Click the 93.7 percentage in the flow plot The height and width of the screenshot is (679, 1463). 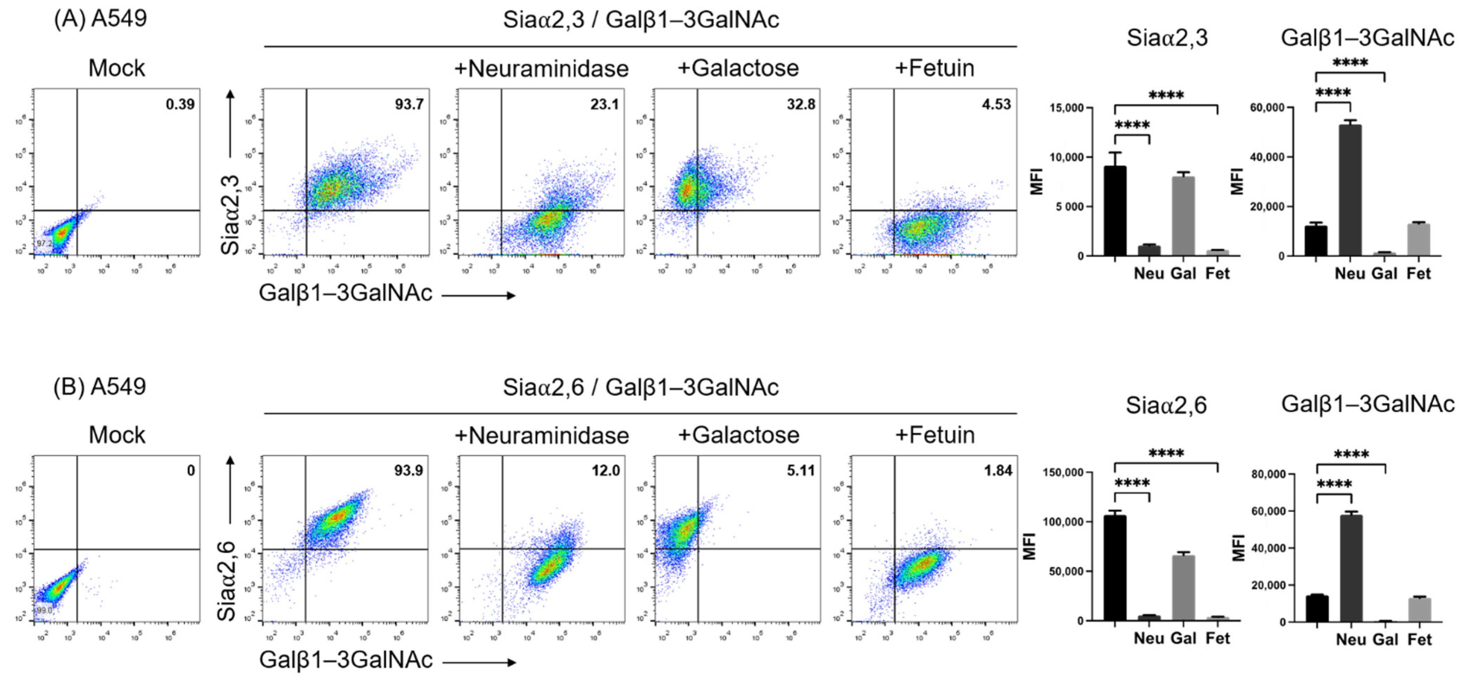[409, 105]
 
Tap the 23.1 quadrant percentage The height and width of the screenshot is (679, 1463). [604, 105]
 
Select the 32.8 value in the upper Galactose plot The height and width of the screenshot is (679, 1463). [801, 105]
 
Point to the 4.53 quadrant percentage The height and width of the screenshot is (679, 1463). [996, 105]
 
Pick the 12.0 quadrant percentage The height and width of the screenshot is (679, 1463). [605, 471]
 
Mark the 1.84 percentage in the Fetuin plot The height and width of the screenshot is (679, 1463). [998, 471]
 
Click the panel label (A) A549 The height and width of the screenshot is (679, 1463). [100, 18]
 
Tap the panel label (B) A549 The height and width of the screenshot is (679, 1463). [100, 386]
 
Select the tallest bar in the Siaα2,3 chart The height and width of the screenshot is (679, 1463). [1115, 210]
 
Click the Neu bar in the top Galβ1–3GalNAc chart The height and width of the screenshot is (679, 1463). [1350, 190]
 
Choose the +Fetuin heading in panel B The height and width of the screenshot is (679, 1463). [935, 435]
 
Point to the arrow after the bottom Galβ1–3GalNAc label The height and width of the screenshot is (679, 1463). [478, 662]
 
